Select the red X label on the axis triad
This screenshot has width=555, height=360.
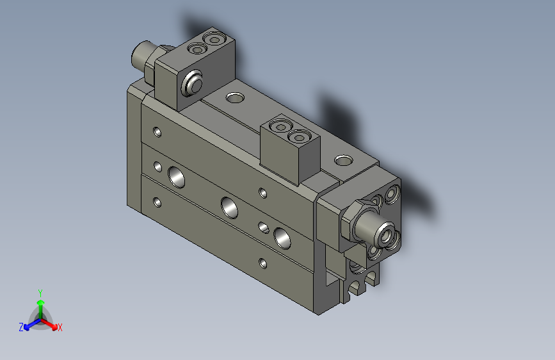click(x=60, y=328)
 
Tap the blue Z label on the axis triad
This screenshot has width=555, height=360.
click(x=21, y=327)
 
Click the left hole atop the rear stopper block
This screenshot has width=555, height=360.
click(x=197, y=49)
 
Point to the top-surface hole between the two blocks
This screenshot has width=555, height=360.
click(x=235, y=98)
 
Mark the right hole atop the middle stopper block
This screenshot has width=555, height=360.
click(x=298, y=136)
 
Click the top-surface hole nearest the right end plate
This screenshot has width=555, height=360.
click(x=344, y=160)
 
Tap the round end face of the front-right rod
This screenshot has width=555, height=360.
click(x=386, y=234)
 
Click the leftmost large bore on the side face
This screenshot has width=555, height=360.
click(x=175, y=174)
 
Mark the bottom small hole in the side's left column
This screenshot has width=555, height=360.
click(x=157, y=203)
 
